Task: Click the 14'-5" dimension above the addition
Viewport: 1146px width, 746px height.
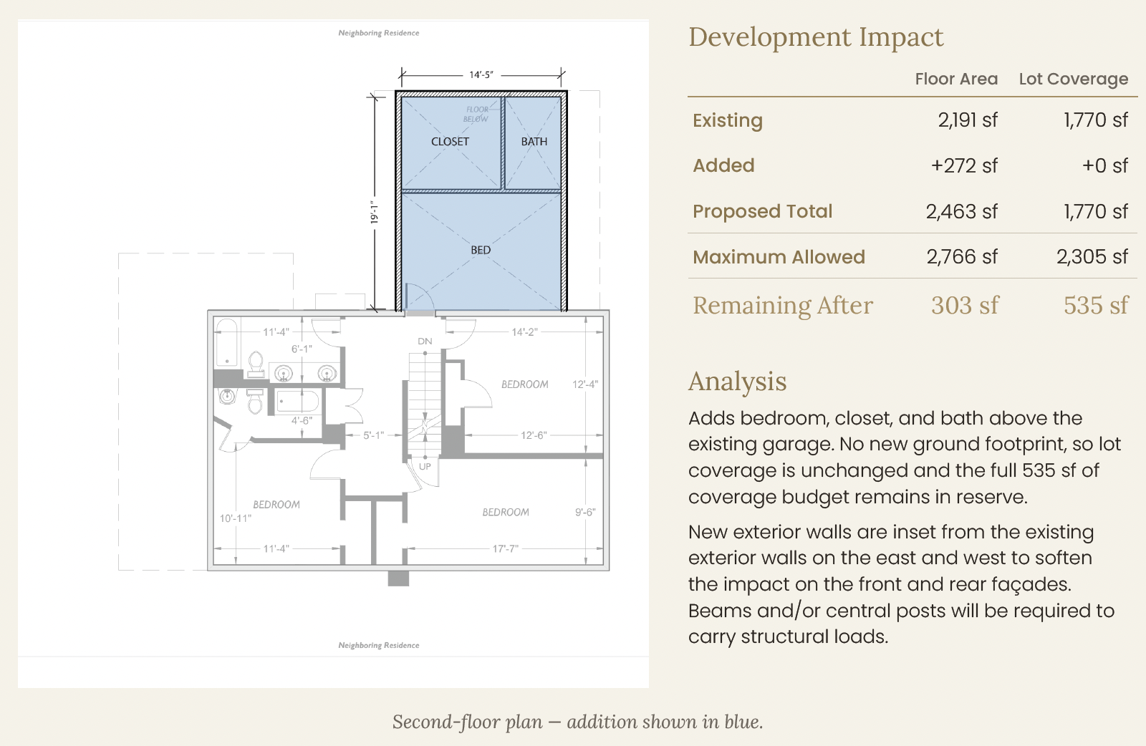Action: coord(481,74)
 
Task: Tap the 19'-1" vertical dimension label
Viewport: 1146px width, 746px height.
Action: coord(375,212)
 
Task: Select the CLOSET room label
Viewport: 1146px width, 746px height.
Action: coord(450,142)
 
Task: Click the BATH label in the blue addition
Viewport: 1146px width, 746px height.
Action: coord(534,142)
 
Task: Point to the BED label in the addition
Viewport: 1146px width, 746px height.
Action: coord(481,250)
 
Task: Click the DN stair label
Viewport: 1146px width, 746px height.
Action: coord(425,341)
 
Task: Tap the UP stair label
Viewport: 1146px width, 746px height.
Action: coord(425,466)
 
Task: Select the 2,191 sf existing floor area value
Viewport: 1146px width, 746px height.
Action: coord(968,120)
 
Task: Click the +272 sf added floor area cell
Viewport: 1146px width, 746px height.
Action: coord(964,165)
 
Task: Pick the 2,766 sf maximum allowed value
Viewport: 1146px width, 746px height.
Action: coord(962,257)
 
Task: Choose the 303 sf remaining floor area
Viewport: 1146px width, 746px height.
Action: coord(965,305)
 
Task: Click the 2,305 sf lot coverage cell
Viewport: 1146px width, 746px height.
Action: coord(1092,257)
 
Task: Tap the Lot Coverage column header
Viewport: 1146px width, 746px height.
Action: coord(1074,79)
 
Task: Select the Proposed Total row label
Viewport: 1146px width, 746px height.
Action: coord(762,211)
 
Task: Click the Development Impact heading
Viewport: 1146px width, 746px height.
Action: coord(816,37)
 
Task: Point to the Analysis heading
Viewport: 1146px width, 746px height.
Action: coord(737,382)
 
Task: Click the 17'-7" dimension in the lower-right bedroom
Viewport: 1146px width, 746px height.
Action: coord(506,548)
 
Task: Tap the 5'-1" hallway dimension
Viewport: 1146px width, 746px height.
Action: coord(373,435)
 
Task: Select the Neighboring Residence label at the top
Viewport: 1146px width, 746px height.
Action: coord(379,33)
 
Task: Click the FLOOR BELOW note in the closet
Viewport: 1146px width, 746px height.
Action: coord(476,114)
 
